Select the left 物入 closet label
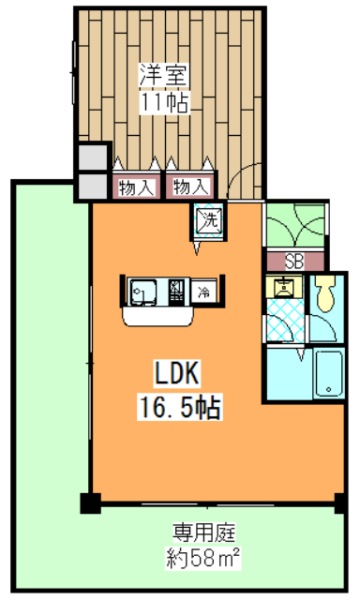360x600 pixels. click(136, 187)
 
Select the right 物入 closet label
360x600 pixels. click(190, 187)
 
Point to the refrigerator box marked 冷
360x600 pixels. click(204, 292)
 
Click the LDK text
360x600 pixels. click(178, 375)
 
